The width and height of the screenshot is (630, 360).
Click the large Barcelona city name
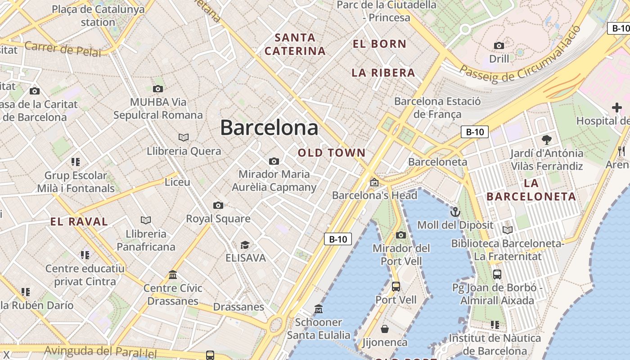[269, 128]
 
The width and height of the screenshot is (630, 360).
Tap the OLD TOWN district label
[332, 153]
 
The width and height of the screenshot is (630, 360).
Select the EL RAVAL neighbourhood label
[79, 221]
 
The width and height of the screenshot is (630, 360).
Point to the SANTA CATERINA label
[295, 44]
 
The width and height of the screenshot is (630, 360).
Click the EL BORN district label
[380, 44]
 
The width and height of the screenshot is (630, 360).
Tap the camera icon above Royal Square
[218, 206]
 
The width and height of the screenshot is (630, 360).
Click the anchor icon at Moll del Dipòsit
[455, 211]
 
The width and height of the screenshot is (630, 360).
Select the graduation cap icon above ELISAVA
[245, 245]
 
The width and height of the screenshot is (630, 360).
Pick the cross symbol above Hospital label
[617, 108]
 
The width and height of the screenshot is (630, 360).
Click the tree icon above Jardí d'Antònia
[547, 139]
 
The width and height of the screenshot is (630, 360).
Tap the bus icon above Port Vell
[396, 286]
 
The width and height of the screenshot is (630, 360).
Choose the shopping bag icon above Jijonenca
[385, 329]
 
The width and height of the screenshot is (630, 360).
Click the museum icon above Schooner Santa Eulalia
[319, 309]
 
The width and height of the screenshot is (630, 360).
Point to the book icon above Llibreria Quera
[184, 137]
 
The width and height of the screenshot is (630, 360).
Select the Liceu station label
[177, 182]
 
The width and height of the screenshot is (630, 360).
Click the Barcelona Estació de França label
[437, 108]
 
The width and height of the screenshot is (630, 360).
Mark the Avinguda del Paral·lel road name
[101, 351]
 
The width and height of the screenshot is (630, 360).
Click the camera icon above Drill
[499, 45]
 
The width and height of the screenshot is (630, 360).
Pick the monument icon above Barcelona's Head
[374, 182]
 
